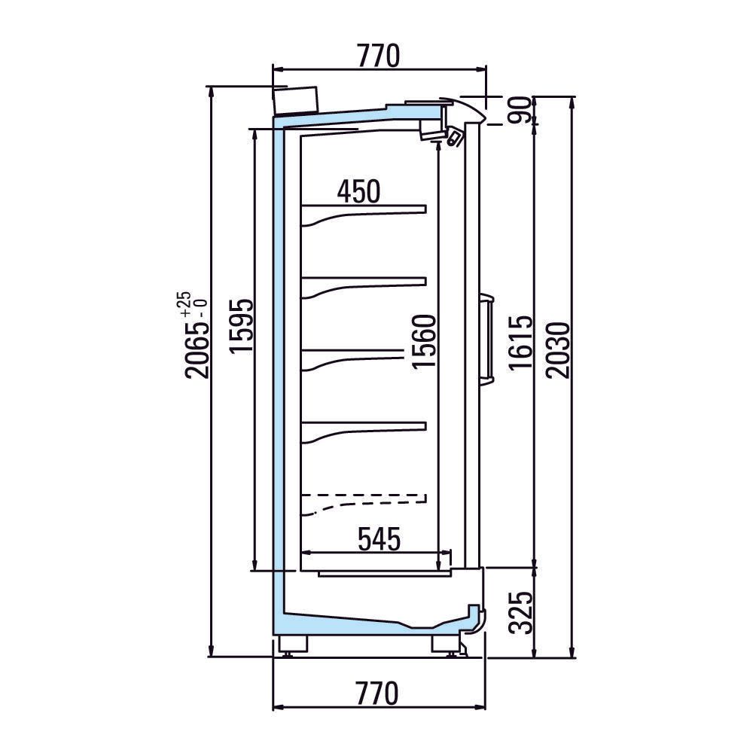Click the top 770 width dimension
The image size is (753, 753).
(x=379, y=56)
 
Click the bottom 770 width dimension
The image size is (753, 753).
(x=377, y=694)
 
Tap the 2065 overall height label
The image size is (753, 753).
(x=197, y=350)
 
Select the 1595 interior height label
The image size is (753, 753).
(x=241, y=326)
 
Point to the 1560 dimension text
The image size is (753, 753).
(x=424, y=341)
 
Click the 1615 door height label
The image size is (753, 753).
(x=521, y=343)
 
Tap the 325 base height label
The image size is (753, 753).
(x=521, y=612)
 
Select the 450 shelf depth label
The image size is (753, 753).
(x=358, y=191)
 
